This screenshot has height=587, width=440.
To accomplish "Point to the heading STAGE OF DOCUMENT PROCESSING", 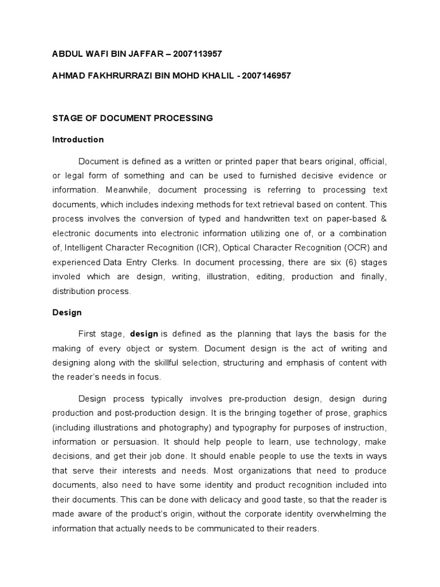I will click(132, 118).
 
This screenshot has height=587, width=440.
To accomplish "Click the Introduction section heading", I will click(78, 139).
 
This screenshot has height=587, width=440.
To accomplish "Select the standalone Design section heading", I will click(67, 312).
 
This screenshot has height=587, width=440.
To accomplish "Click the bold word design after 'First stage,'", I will click(144, 334).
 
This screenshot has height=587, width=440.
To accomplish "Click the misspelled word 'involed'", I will click(67, 276).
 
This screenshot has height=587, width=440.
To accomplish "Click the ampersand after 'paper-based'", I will click(383, 218).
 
